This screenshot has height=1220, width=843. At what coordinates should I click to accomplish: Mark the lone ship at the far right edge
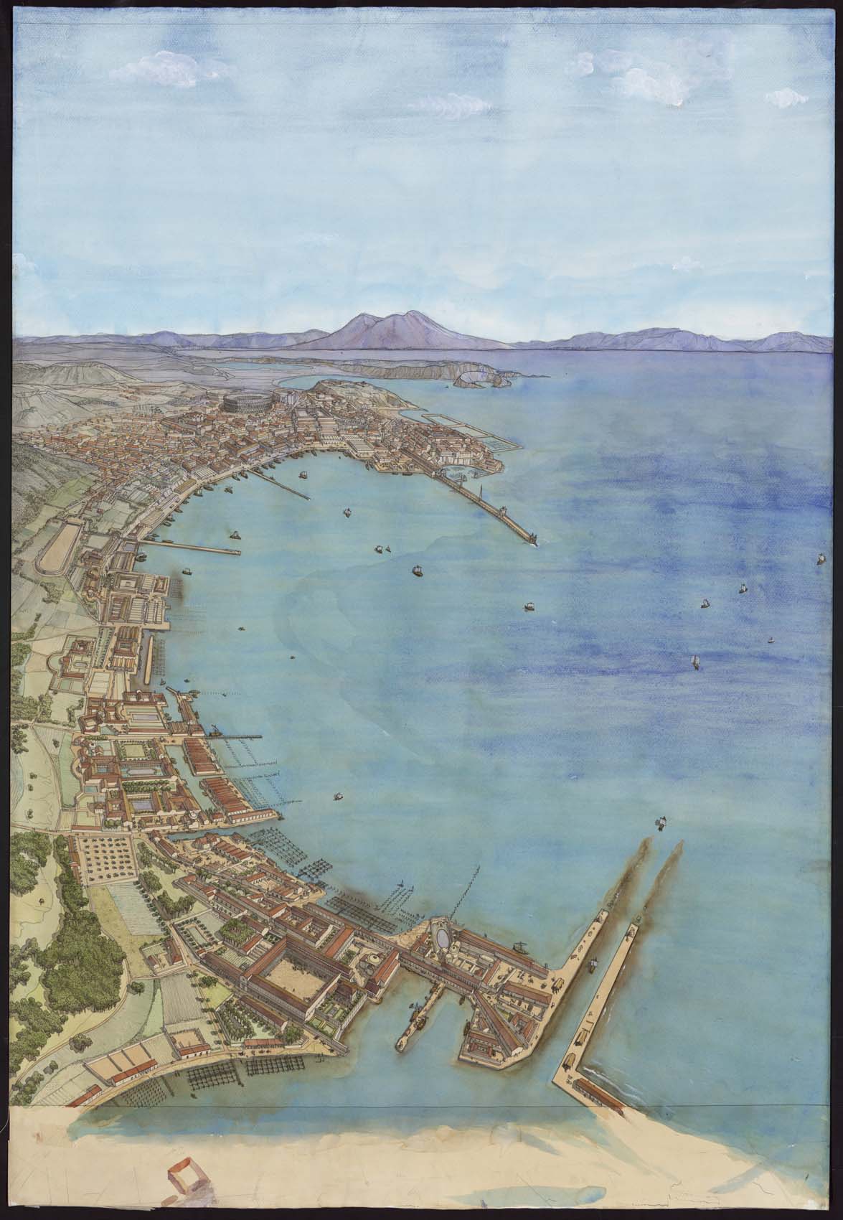pos(821,557)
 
